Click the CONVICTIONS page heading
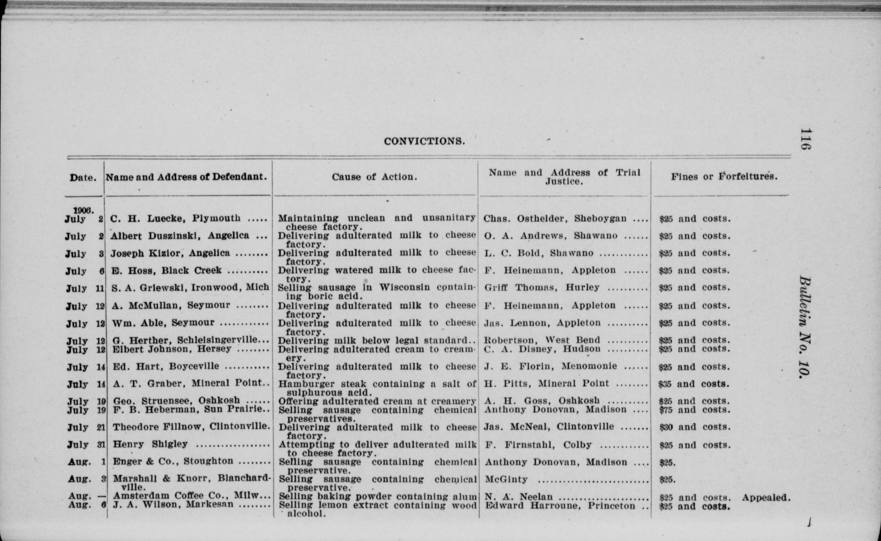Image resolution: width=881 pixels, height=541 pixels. click(x=424, y=142)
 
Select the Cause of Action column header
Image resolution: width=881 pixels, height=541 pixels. click(x=374, y=177)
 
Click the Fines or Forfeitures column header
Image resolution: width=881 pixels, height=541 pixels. click(x=724, y=177)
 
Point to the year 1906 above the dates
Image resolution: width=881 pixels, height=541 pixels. click(x=84, y=210)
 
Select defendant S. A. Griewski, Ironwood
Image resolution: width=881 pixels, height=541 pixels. click(x=190, y=287)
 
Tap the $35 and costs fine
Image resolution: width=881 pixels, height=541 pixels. click(x=694, y=384)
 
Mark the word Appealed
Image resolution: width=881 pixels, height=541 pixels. click(x=765, y=498)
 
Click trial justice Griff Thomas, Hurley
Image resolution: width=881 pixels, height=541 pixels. click(x=542, y=288)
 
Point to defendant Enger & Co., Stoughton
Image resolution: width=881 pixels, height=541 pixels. click(x=173, y=462)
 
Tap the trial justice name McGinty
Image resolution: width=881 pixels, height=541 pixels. click(x=506, y=479)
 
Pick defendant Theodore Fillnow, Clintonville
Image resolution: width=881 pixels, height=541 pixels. click(x=191, y=427)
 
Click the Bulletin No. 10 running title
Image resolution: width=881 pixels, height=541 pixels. click(x=804, y=327)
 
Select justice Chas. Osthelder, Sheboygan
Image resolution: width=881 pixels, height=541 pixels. click(x=555, y=218)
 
